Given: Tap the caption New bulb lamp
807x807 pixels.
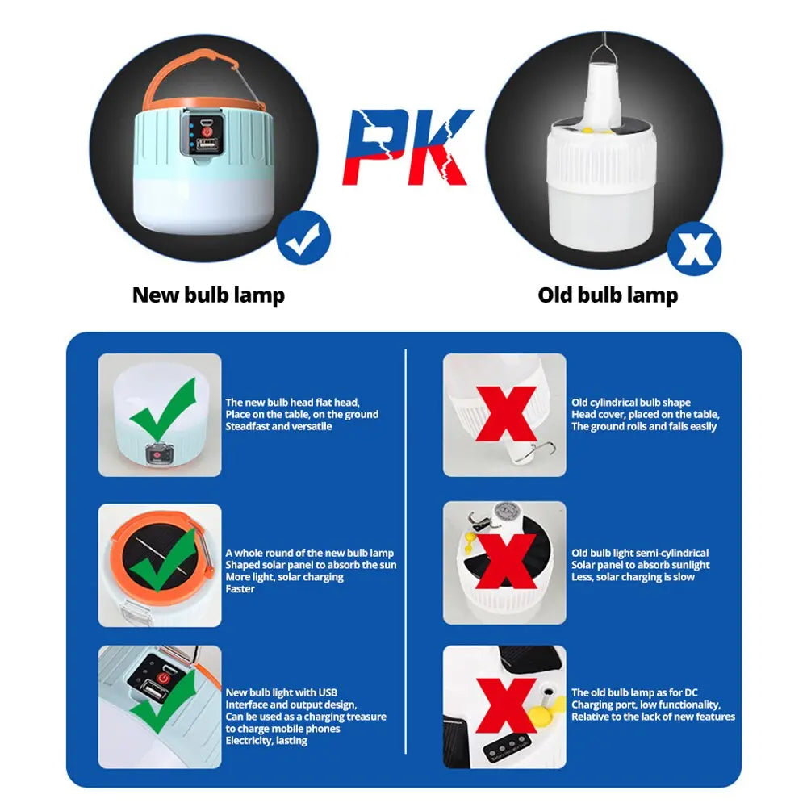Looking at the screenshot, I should tap(208, 295).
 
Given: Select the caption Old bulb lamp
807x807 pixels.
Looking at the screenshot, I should tap(608, 295).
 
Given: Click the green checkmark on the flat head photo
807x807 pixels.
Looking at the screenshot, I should tap(163, 411).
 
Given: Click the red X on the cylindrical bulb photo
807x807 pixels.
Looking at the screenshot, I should tap(505, 413).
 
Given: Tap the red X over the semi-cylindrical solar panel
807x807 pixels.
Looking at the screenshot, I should tap(507, 559).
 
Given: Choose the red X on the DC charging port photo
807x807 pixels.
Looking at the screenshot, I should tap(506, 705).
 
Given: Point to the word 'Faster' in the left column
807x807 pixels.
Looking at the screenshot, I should tap(240, 589).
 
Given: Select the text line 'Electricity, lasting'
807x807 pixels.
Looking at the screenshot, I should tap(266, 741).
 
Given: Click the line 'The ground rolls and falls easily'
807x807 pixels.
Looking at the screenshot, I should tap(644, 426).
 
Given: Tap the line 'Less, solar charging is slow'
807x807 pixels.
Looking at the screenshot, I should tap(633, 577).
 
